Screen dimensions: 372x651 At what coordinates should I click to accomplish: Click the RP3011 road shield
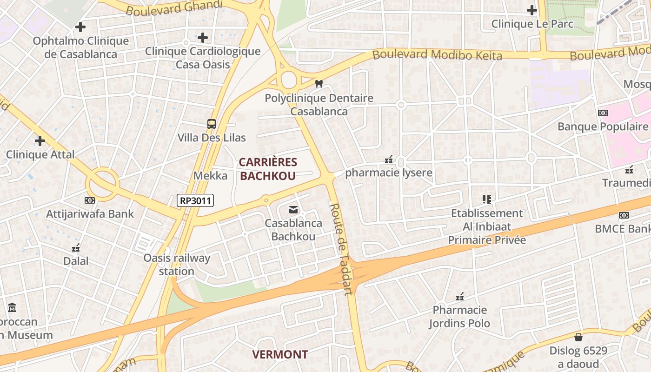click(x=195, y=201)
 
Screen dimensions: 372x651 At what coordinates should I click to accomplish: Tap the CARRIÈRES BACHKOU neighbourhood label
click(x=268, y=169)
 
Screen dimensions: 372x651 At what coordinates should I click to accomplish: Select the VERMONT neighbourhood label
click(x=280, y=354)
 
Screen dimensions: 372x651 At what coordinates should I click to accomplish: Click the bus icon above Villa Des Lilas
click(x=212, y=124)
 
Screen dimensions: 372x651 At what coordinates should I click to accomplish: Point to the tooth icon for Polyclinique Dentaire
click(x=319, y=84)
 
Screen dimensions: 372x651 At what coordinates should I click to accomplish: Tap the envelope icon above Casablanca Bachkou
click(x=293, y=210)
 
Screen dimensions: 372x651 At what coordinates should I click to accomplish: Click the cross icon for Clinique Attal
click(x=40, y=140)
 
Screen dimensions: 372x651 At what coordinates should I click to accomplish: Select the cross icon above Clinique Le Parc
click(x=532, y=10)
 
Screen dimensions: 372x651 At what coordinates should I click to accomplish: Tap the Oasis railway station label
click(x=177, y=264)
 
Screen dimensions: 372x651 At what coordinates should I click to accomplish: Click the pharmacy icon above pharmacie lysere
click(x=389, y=159)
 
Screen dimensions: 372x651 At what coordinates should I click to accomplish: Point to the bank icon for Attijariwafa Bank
click(x=89, y=200)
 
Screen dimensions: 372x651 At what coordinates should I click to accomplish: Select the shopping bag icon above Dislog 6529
click(x=578, y=337)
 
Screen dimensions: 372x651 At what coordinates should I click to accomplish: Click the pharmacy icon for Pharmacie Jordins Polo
click(x=460, y=296)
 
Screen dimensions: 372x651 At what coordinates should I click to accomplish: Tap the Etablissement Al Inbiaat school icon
click(x=487, y=199)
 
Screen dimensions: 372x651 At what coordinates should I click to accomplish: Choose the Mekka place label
click(x=211, y=175)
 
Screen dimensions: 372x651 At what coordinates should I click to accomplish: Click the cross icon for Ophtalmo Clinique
click(x=80, y=27)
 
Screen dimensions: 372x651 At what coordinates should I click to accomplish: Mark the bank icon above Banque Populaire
click(x=603, y=113)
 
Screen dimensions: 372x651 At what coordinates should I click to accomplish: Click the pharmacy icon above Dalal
click(x=76, y=248)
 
